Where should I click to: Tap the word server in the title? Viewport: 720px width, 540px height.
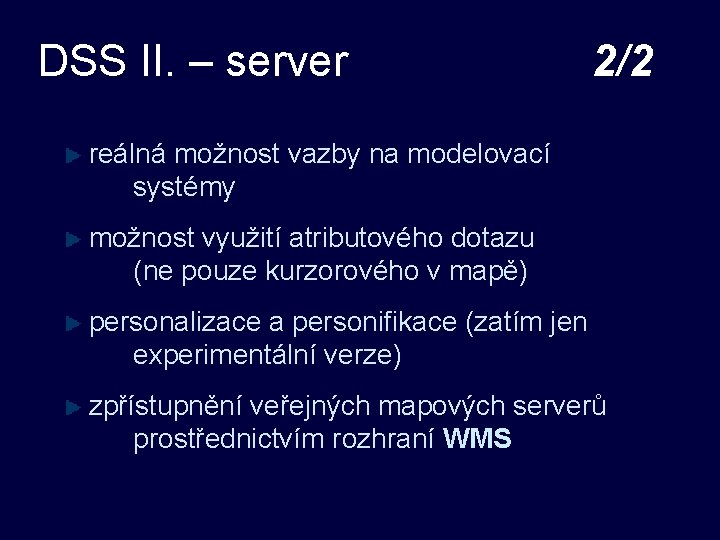click(287, 62)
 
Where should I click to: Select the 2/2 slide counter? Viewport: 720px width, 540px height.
click(622, 62)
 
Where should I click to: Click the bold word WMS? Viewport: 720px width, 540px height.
click(477, 438)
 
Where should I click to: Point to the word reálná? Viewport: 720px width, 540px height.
click(129, 154)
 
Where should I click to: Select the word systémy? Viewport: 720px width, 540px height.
click(184, 187)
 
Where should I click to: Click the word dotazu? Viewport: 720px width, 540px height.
click(492, 238)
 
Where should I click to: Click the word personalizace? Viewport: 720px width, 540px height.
click(176, 323)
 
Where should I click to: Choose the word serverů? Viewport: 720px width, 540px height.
click(559, 406)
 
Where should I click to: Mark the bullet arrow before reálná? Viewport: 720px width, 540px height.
click(71, 155)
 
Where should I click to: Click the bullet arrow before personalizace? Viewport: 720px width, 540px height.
click(71, 323)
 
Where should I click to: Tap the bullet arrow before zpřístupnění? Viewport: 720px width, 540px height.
click(71, 407)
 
